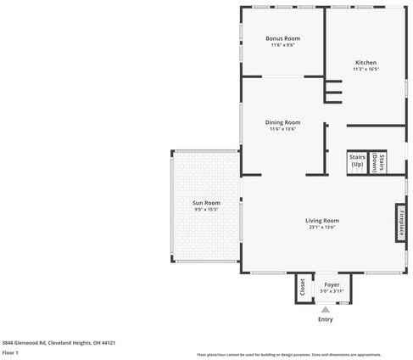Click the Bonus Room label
point(282,38)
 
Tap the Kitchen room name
point(366,63)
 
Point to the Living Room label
point(322,221)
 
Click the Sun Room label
point(206,203)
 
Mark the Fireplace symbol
point(400,222)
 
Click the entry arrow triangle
point(325,310)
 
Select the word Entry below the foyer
point(325,320)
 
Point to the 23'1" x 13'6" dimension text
point(322,228)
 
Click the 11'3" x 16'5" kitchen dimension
point(366,70)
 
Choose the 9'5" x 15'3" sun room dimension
point(206,210)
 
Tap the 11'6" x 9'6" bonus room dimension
point(282,45)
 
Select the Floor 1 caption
point(10,352)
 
